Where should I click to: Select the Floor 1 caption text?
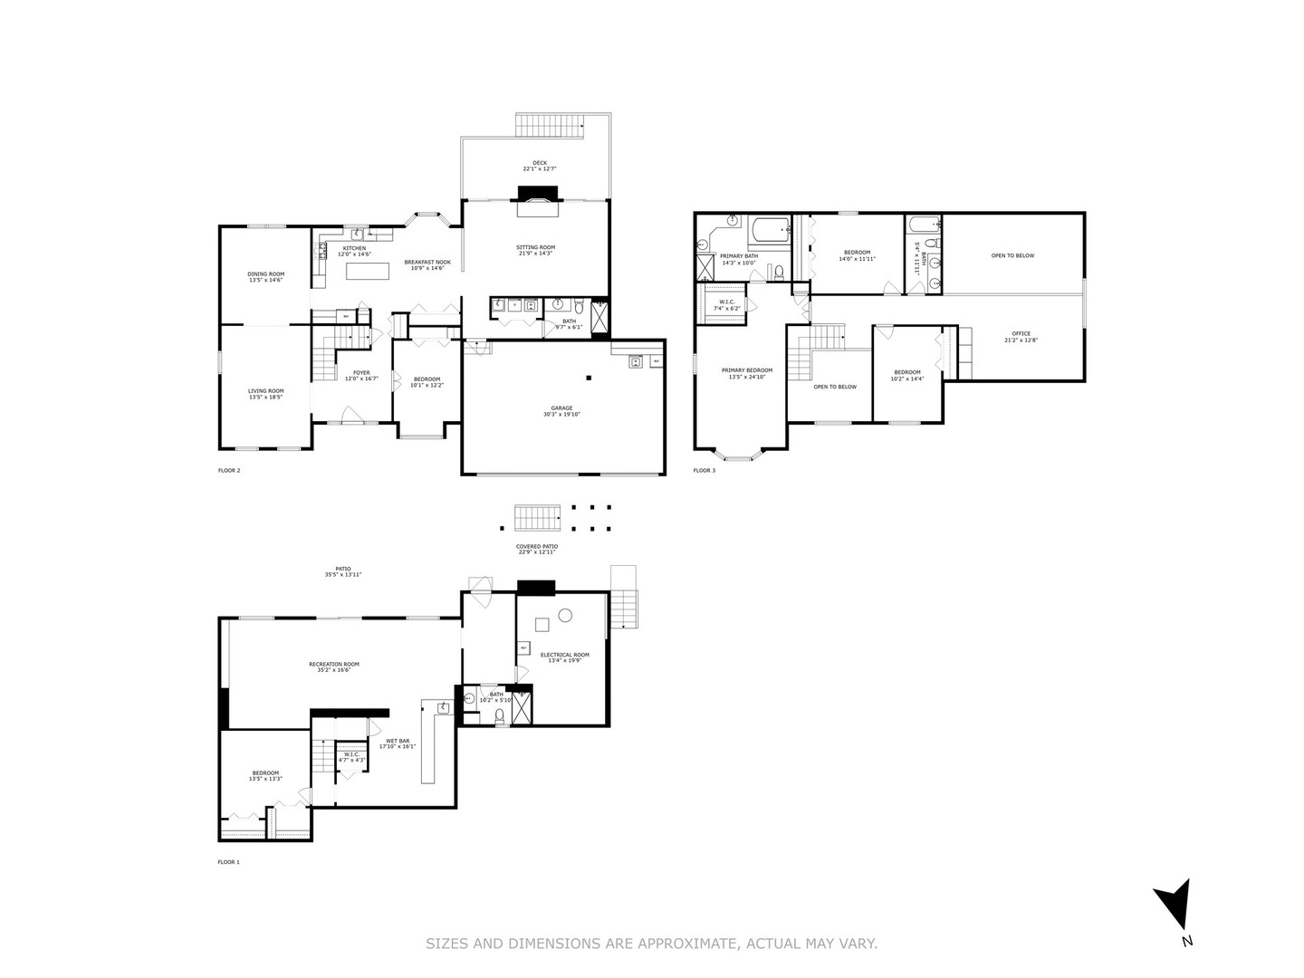click(229, 862)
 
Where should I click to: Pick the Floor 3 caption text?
click(705, 470)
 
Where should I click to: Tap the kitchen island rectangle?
click(368, 271)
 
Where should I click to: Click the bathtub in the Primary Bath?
click(771, 232)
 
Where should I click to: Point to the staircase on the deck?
click(549, 125)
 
